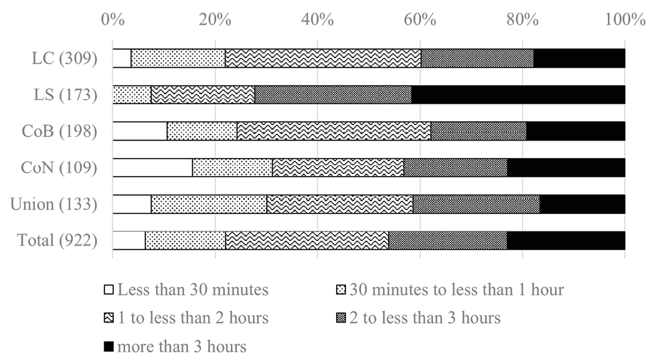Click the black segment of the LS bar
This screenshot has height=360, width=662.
(x=518, y=94)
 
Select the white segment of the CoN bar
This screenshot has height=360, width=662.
(x=152, y=167)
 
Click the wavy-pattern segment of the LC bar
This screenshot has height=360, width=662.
(x=323, y=58)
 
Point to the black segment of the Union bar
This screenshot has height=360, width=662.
(x=582, y=203)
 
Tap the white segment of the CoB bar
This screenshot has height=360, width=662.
(x=139, y=131)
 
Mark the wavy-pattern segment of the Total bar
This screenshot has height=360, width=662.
(x=307, y=240)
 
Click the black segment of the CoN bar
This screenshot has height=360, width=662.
(x=566, y=167)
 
